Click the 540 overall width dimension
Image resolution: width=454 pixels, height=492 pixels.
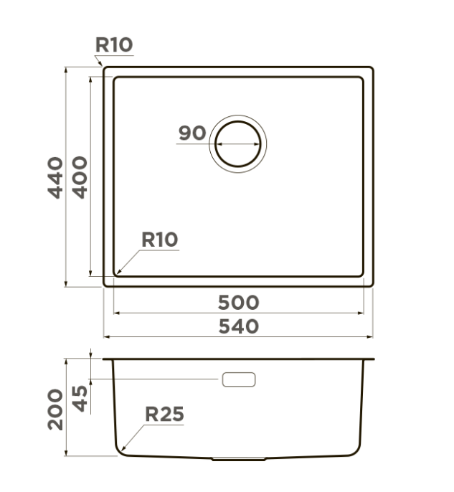tap(238, 326)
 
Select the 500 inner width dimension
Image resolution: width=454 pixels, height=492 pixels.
tap(238, 303)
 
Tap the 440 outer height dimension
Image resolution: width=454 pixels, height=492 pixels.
tap(55, 178)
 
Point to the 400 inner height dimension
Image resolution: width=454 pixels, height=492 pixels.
tap(80, 177)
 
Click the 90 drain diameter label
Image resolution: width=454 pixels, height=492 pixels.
tap(192, 133)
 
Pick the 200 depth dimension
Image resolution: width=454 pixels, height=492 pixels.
tap(55, 410)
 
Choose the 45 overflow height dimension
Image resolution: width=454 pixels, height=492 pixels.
tap(80, 399)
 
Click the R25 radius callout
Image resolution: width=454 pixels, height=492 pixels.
tap(164, 414)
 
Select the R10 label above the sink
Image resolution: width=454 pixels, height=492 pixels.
tap(114, 44)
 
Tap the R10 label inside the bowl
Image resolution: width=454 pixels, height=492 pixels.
tap(160, 240)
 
